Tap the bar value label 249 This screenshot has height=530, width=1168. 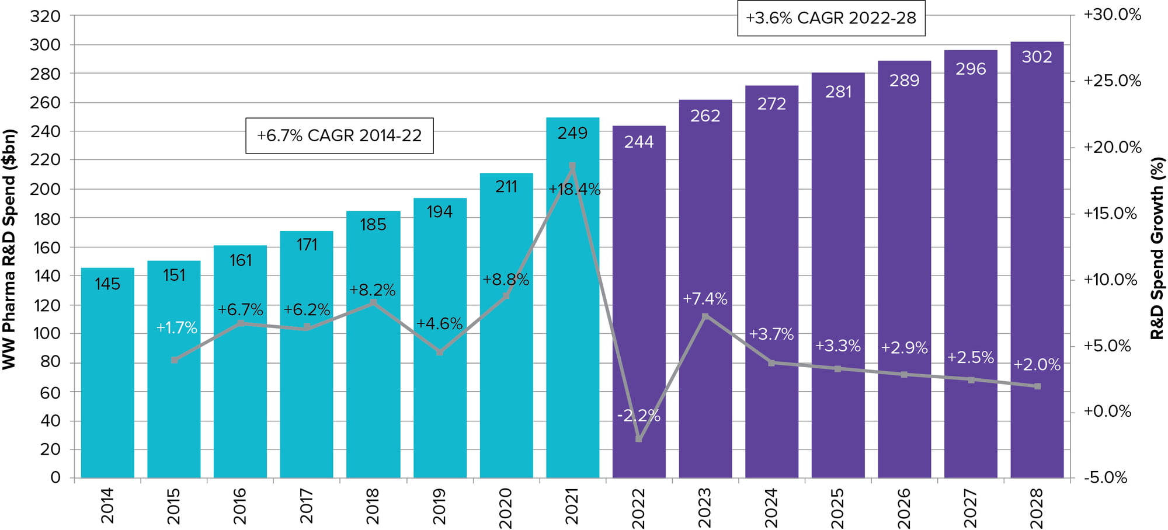pyautogui.click(x=572, y=134)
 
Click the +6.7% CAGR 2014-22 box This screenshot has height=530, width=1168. pyautogui.click(x=339, y=136)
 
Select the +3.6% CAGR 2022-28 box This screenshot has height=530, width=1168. pyautogui.click(x=831, y=18)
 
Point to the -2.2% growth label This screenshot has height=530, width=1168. pyautogui.click(x=638, y=416)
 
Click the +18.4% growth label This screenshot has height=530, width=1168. pyautogui.click(x=574, y=190)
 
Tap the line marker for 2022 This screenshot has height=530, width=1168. pyautogui.click(x=638, y=438)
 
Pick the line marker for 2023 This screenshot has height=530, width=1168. pyautogui.click(x=705, y=316)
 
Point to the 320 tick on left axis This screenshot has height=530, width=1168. pyautogui.click(x=46, y=16)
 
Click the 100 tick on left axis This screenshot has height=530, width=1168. pyautogui.click(x=46, y=334)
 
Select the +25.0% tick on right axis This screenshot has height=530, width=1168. pyautogui.click(x=1112, y=81)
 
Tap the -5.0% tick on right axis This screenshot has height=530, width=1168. pyautogui.click(x=1106, y=477)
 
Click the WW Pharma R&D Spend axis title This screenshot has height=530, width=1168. pyautogui.click(x=9, y=249)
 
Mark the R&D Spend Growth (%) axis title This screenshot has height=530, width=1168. pyautogui.click(x=1157, y=249)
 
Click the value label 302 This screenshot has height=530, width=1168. pyautogui.click(x=1037, y=57)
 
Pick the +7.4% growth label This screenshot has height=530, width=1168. pyautogui.click(x=705, y=299)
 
